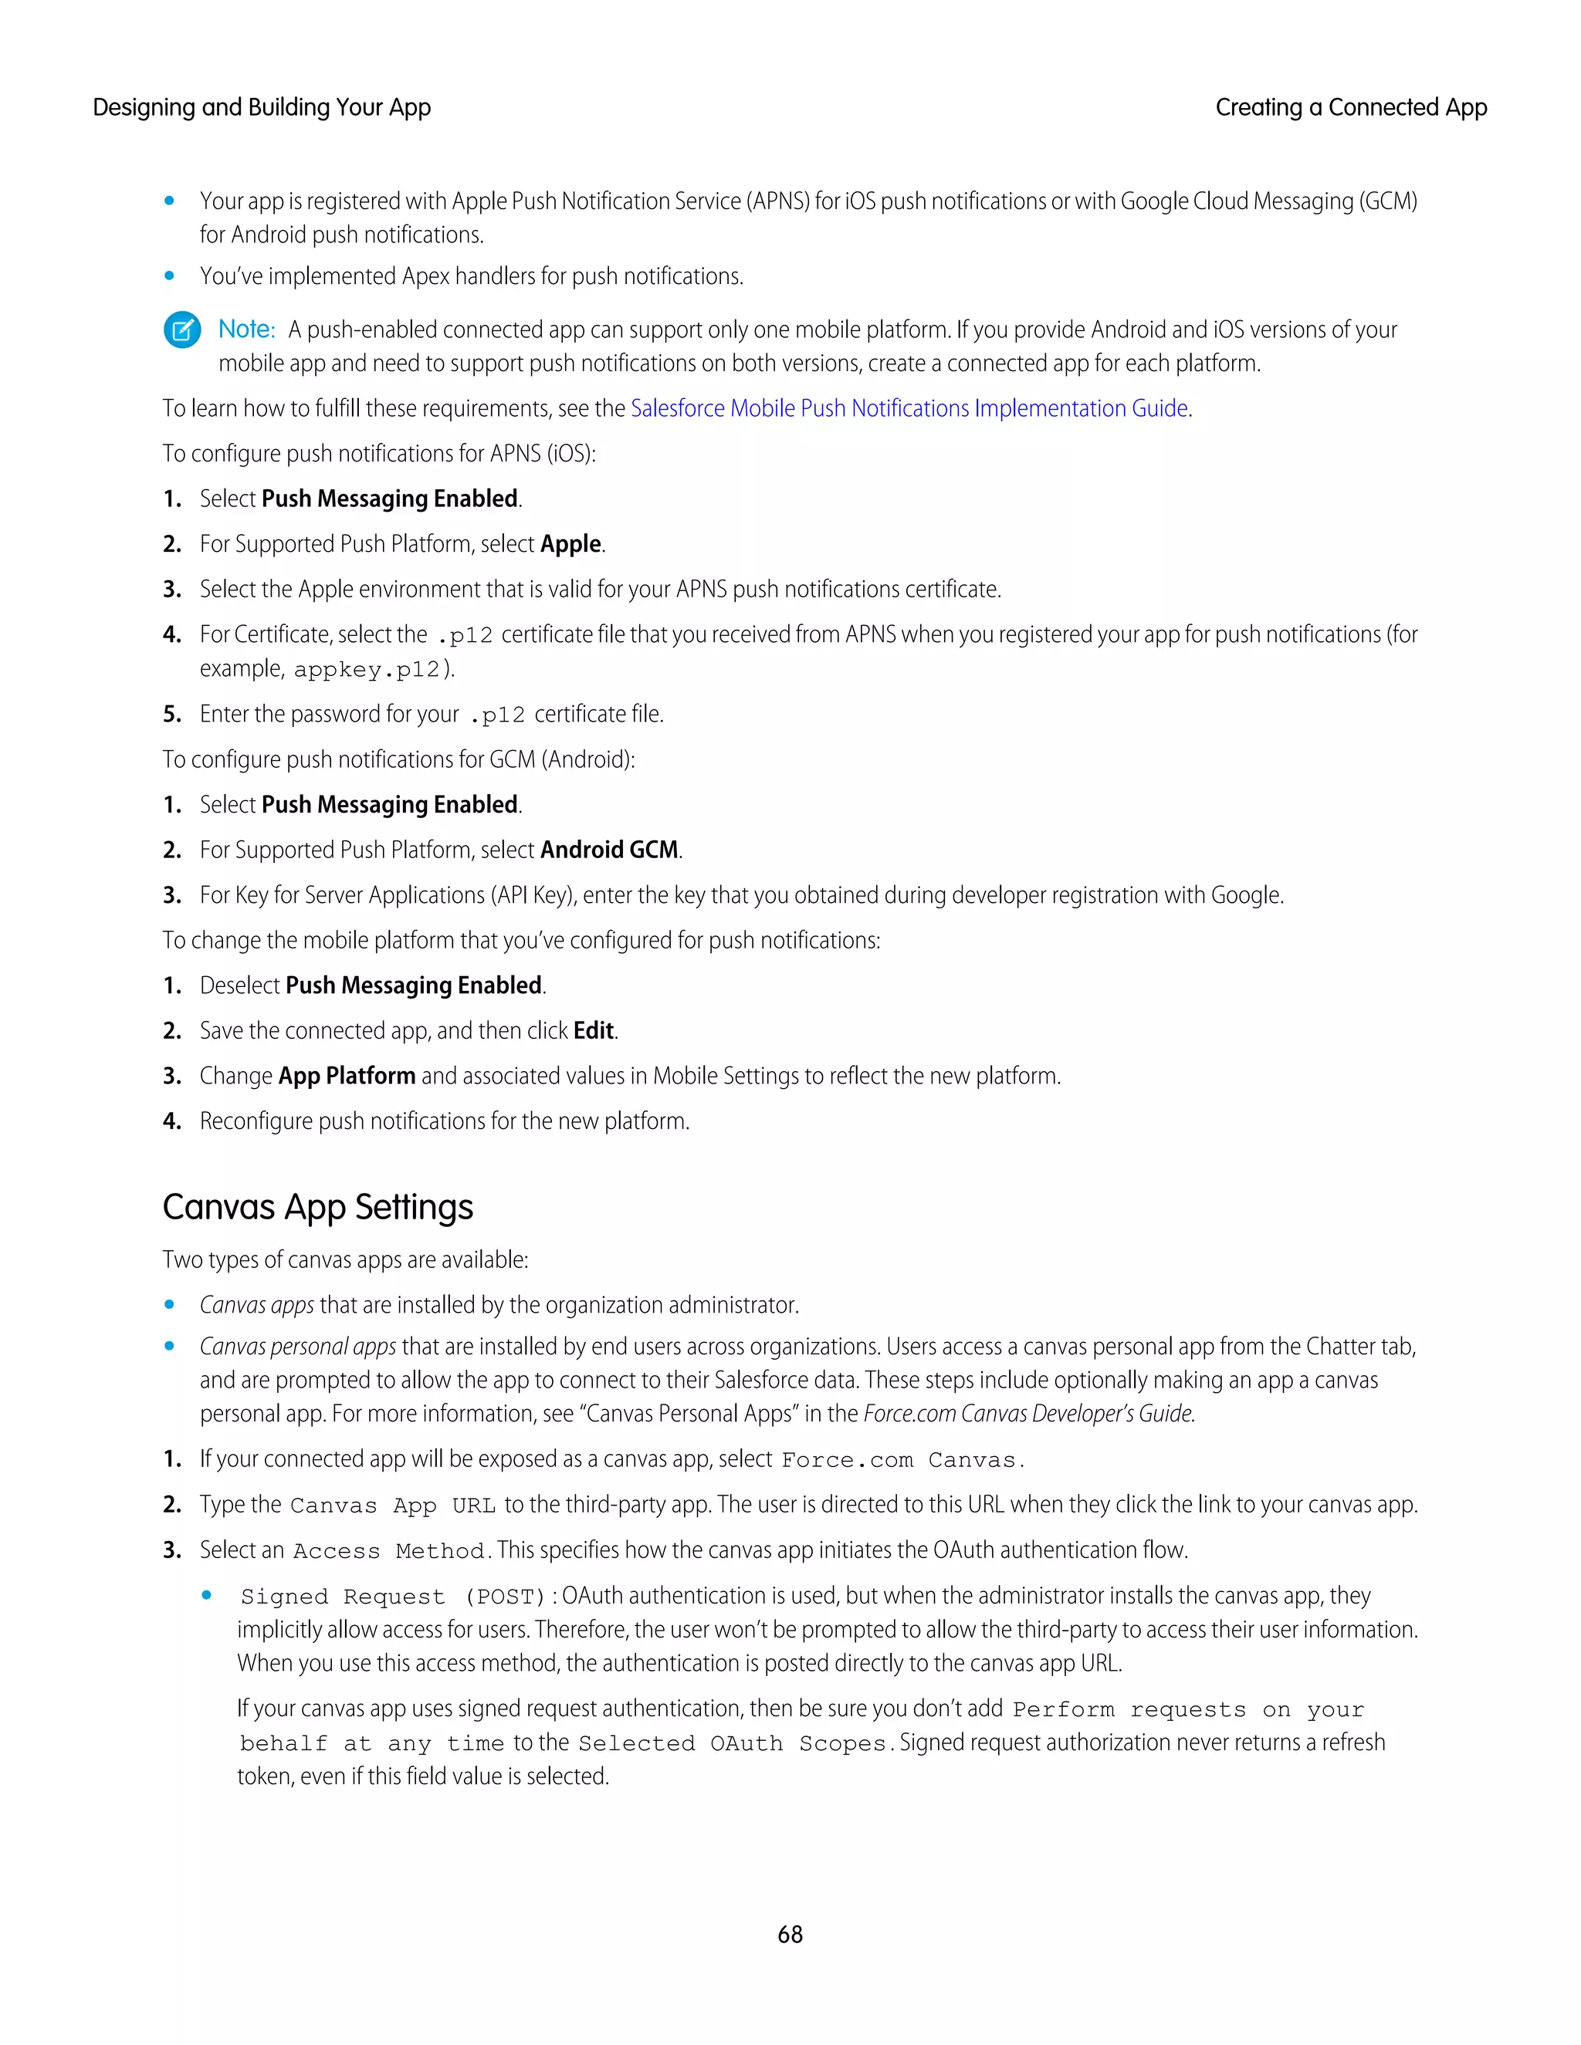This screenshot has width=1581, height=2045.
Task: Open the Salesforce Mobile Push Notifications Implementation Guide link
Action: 909,408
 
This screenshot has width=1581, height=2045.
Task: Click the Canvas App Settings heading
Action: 317,1207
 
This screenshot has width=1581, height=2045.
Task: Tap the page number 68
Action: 790,1934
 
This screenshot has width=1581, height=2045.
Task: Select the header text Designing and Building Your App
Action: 262,108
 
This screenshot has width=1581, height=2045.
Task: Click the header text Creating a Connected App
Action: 1351,108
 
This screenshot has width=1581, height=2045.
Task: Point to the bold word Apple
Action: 570,544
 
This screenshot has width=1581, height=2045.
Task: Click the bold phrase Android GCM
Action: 609,850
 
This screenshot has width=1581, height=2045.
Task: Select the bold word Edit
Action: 594,1030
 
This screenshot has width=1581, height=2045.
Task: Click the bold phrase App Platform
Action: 347,1076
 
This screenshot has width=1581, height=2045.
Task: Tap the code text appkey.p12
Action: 366,670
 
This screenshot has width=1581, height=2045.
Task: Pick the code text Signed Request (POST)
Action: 392,1597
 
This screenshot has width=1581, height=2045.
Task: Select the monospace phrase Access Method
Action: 388,1552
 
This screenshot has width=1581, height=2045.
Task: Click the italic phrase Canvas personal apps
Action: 298,1347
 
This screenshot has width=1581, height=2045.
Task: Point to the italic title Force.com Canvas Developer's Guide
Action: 1027,1414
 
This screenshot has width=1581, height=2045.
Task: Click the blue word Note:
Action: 246,330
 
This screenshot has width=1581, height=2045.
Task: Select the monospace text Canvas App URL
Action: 392,1506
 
